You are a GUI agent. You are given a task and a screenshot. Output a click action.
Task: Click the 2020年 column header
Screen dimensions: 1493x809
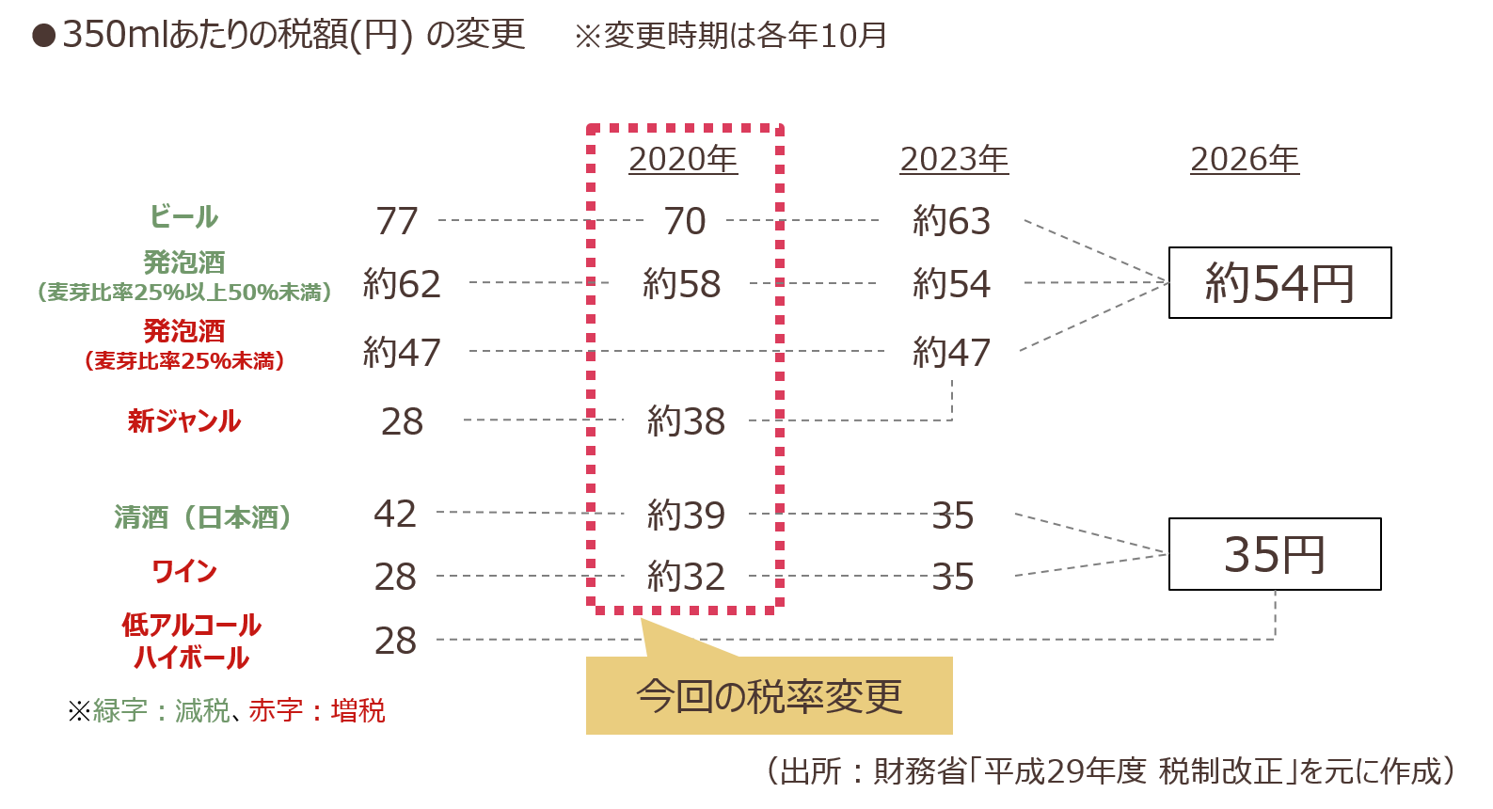coord(683,159)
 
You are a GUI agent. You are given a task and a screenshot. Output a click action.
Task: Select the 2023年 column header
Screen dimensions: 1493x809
coord(955,159)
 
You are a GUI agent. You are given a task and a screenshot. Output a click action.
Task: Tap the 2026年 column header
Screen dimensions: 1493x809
coord(1245,159)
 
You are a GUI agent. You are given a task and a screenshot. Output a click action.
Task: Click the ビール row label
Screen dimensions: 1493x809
coord(183,216)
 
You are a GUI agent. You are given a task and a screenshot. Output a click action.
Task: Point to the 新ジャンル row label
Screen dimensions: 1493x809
coord(184,421)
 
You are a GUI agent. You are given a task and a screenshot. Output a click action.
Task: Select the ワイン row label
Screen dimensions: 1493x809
coord(184,572)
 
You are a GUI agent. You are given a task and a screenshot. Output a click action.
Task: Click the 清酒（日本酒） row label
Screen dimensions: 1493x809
coord(202,517)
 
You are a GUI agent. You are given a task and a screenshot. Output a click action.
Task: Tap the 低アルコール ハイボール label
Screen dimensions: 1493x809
coord(191,641)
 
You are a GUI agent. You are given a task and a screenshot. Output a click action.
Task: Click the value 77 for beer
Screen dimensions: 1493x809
coord(397,221)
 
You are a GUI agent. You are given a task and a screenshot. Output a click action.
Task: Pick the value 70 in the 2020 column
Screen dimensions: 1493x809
coord(685,221)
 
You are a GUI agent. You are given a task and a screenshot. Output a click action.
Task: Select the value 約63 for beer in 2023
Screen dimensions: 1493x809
coord(952,221)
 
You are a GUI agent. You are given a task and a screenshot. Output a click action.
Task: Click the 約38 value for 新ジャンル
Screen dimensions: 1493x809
coord(687,421)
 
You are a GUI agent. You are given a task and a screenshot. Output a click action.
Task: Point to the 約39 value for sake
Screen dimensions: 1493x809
coord(687,516)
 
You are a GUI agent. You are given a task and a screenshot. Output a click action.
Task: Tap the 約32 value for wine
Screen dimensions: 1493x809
coord(687,577)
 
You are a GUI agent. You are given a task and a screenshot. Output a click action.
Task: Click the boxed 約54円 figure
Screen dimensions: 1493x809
coord(1279,283)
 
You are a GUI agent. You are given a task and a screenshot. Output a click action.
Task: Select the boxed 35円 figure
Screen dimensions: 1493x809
coord(1275,554)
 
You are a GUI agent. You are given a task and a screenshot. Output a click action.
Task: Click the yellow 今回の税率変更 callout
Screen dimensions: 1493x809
coord(770,695)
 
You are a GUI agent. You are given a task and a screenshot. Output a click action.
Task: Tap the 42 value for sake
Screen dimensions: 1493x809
coord(395,515)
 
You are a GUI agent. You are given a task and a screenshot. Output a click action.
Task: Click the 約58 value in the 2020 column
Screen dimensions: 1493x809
coord(682,284)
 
